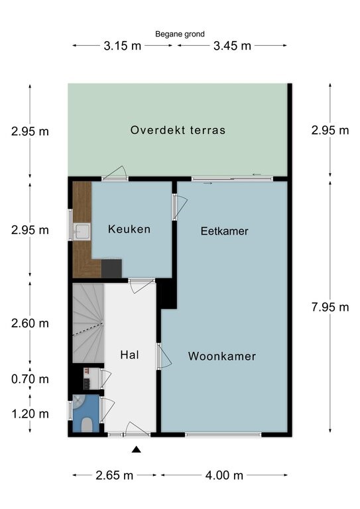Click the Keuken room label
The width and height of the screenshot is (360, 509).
tap(129, 229)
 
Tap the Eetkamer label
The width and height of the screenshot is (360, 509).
tap(224, 231)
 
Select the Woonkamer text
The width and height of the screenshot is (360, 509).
tap(222, 356)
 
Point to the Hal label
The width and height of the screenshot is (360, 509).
tap(129, 355)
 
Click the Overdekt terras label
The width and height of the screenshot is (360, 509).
tap(178, 130)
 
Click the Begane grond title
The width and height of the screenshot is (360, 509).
tap(180, 34)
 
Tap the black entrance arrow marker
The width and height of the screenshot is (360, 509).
tap(137, 449)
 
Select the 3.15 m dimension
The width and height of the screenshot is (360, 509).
tap(123, 46)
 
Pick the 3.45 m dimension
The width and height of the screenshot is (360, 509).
tap(232, 46)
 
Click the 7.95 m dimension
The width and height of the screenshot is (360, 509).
tap(330, 307)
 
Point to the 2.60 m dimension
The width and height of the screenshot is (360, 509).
tap(30, 323)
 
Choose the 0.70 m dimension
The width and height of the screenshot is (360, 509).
tap(30, 379)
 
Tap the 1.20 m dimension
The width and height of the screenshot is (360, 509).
tap(30, 414)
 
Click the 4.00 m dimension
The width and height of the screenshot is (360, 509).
tap(224, 476)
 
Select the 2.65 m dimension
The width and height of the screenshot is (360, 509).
tap(115, 476)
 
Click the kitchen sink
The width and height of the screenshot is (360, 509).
tap(82, 232)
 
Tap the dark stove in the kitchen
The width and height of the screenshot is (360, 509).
tap(111, 268)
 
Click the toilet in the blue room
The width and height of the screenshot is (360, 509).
tap(86, 425)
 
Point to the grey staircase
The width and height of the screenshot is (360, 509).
tap(88, 323)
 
